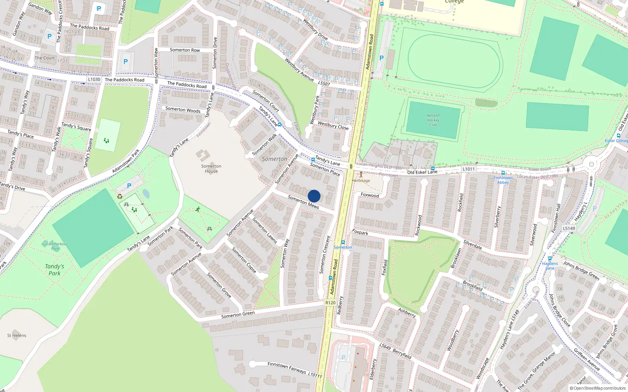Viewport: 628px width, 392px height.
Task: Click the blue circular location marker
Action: pos(314,196)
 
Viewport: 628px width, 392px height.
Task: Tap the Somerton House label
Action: pos(211,169)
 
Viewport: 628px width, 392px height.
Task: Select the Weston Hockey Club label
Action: pos(433,120)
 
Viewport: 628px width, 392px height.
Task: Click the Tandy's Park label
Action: pos(54,270)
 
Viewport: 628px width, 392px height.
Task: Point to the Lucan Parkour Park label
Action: pos(55,246)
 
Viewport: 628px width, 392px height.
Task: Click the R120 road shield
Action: pos(330,303)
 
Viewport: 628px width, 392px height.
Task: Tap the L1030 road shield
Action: pos(94,79)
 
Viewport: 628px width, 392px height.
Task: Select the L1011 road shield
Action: pos(468,169)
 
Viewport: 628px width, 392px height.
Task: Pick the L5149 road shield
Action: pos(569,228)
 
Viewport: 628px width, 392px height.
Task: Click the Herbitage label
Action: pos(361,180)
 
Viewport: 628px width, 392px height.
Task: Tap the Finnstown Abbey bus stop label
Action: pos(503,180)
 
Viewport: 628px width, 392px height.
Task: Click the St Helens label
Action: pos(16,336)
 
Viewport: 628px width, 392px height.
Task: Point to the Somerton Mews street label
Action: pos(303,201)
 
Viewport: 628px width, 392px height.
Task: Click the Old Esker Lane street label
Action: pos(422,172)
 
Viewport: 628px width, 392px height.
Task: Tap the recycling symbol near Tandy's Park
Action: pos(120,196)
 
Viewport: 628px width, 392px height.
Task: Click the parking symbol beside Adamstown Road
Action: pos(381,58)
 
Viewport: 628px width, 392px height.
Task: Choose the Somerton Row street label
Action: pos(185,50)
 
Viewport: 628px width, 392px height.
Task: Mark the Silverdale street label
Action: pos(473,245)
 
